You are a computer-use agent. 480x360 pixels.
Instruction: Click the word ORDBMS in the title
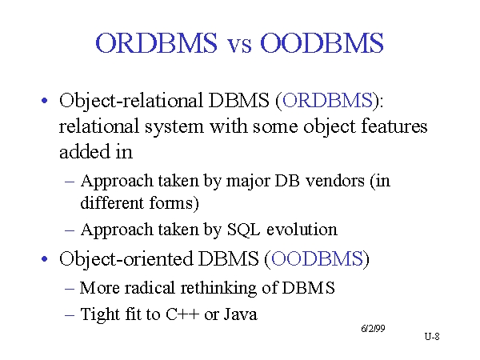pyautogui.click(x=157, y=43)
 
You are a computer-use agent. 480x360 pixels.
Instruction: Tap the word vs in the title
pyautogui.click(x=239, y=46)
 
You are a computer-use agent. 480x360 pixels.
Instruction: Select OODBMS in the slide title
pyautogui.click(x=322, y=43)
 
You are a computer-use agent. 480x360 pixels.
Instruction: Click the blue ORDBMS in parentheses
pyautogui.click(x=327, y=100)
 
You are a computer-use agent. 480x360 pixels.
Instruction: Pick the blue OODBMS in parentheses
pyautogui.click(x=317, y=258)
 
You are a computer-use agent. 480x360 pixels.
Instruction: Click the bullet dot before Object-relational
pyautogui.click(x=44, y=101)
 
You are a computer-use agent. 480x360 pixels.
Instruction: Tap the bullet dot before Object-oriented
pyautogui.click(x=44, y=259)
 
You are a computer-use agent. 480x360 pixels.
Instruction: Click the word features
pyautogui.click(x=394, y=126)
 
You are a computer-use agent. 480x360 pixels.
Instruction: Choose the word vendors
pyautogui.click(x=335, y=181)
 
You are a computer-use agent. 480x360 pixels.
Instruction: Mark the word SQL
pyautogui.click(x=243, y=230)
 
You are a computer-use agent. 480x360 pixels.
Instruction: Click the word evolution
pyautogui.click(x=302, y=230)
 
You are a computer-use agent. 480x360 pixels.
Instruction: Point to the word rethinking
pyautogui.click(x=218, y=288)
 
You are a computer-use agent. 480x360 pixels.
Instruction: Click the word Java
pyautogui.click(x=241, y=314)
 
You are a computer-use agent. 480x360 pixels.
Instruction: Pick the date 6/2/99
pyautogui.click(x=373, y=329)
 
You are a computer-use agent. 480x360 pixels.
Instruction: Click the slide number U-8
pyautogui.click(x=432, y=337)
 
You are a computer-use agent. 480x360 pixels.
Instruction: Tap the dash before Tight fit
pyautogui.click(x=70, y=315)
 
